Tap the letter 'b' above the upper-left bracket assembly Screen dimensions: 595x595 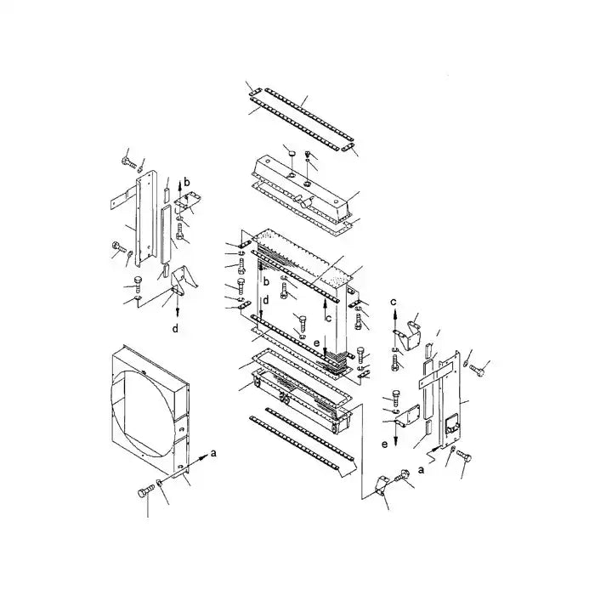pyautogui.click(x=188, y=183)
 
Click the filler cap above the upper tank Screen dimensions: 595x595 pyautogui.click(x=289, y=153)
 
